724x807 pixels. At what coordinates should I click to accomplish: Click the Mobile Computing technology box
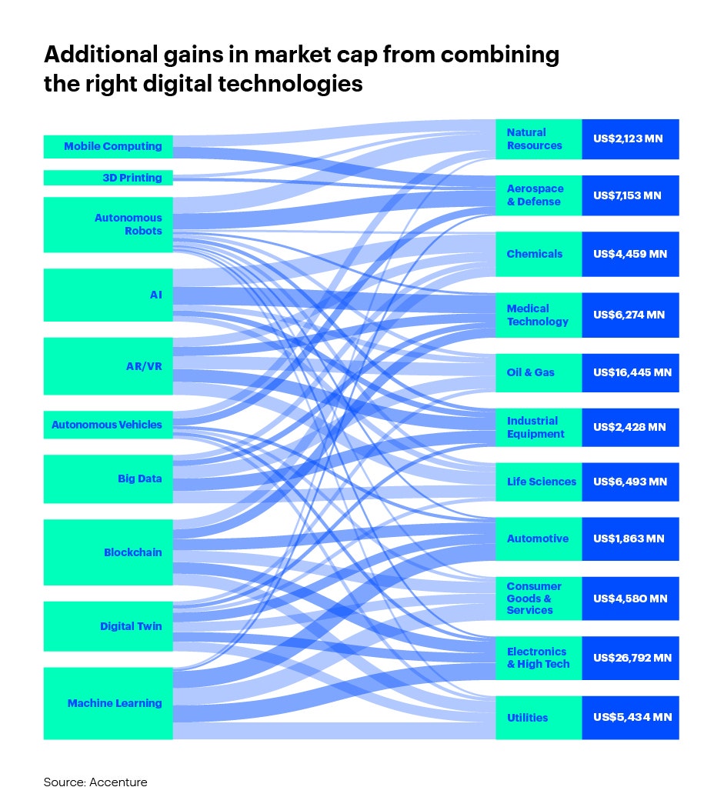[108, 146]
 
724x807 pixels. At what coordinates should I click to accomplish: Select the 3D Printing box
[108, 178]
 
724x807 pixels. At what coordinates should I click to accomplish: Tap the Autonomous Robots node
[108, 224]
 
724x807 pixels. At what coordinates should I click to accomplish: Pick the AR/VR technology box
[108, 366]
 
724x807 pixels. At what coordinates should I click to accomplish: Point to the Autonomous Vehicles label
[107, 425]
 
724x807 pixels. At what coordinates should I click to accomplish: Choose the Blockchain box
[108, 552]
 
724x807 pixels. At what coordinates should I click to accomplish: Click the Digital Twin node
[108, 626]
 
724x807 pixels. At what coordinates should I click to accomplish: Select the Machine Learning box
[108, 703]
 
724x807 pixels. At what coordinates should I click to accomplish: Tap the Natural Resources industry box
[539, 139]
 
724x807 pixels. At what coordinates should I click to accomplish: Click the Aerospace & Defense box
[539, 195]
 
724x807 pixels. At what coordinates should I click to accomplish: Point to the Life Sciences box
[539, 482]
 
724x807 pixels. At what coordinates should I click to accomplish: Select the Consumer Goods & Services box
[539, 598]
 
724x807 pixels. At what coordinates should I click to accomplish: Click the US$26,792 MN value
[631, 658]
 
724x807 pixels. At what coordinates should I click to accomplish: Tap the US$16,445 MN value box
[631, 372]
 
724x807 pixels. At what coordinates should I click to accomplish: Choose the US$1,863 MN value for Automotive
[631, 539]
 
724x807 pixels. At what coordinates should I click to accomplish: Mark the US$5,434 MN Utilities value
[631, 717]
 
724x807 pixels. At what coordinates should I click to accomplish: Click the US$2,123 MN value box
[631, 139]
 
